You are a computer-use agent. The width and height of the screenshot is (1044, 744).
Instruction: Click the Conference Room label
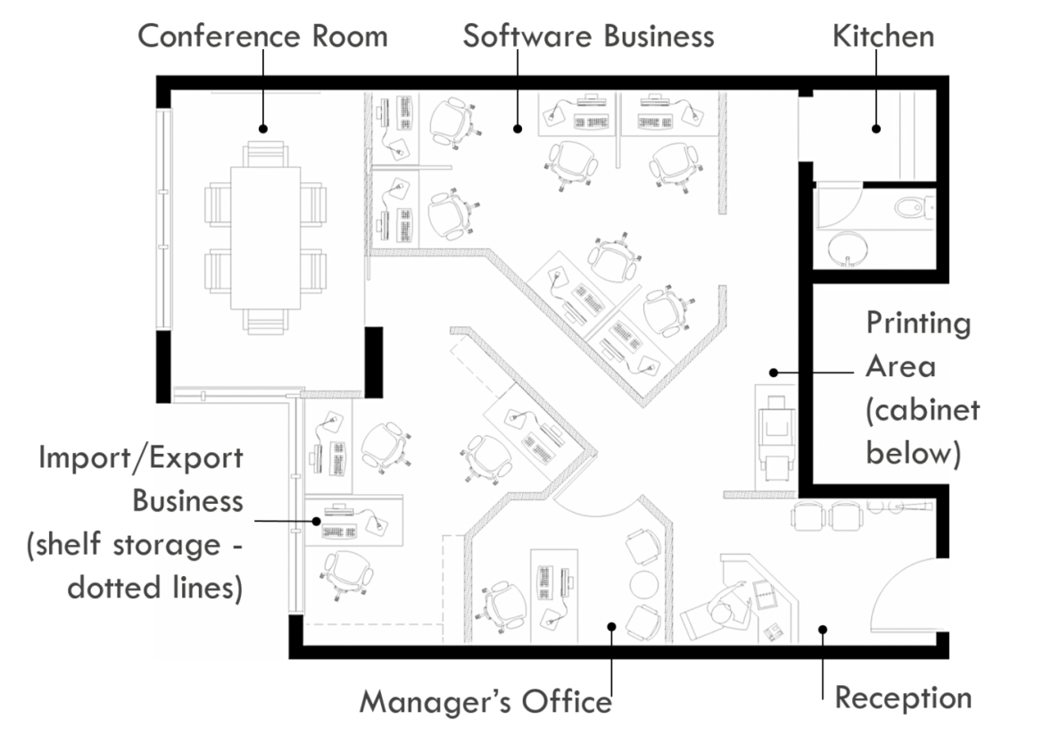(262, 37)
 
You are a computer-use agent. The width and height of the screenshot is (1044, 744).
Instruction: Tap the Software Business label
(588, 37)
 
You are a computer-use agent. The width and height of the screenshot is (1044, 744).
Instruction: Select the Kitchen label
(882, 37)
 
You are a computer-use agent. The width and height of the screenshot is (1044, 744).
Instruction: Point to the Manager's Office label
(485, 702)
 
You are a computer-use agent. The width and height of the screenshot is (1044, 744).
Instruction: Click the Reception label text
(902, 698)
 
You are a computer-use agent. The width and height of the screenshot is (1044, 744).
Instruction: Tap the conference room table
(265, 237)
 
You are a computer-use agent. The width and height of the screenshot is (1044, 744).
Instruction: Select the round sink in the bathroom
(847, 247)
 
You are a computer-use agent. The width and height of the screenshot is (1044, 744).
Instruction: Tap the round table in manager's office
(643, 585)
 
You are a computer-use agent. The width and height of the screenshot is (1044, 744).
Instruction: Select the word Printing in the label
(918, 322)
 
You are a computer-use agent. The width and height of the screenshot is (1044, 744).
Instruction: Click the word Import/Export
(141, 458)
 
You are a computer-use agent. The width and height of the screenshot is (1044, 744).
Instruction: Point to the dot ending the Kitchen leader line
(876, 129)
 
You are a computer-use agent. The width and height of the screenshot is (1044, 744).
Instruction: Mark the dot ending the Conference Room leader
(262, 129)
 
